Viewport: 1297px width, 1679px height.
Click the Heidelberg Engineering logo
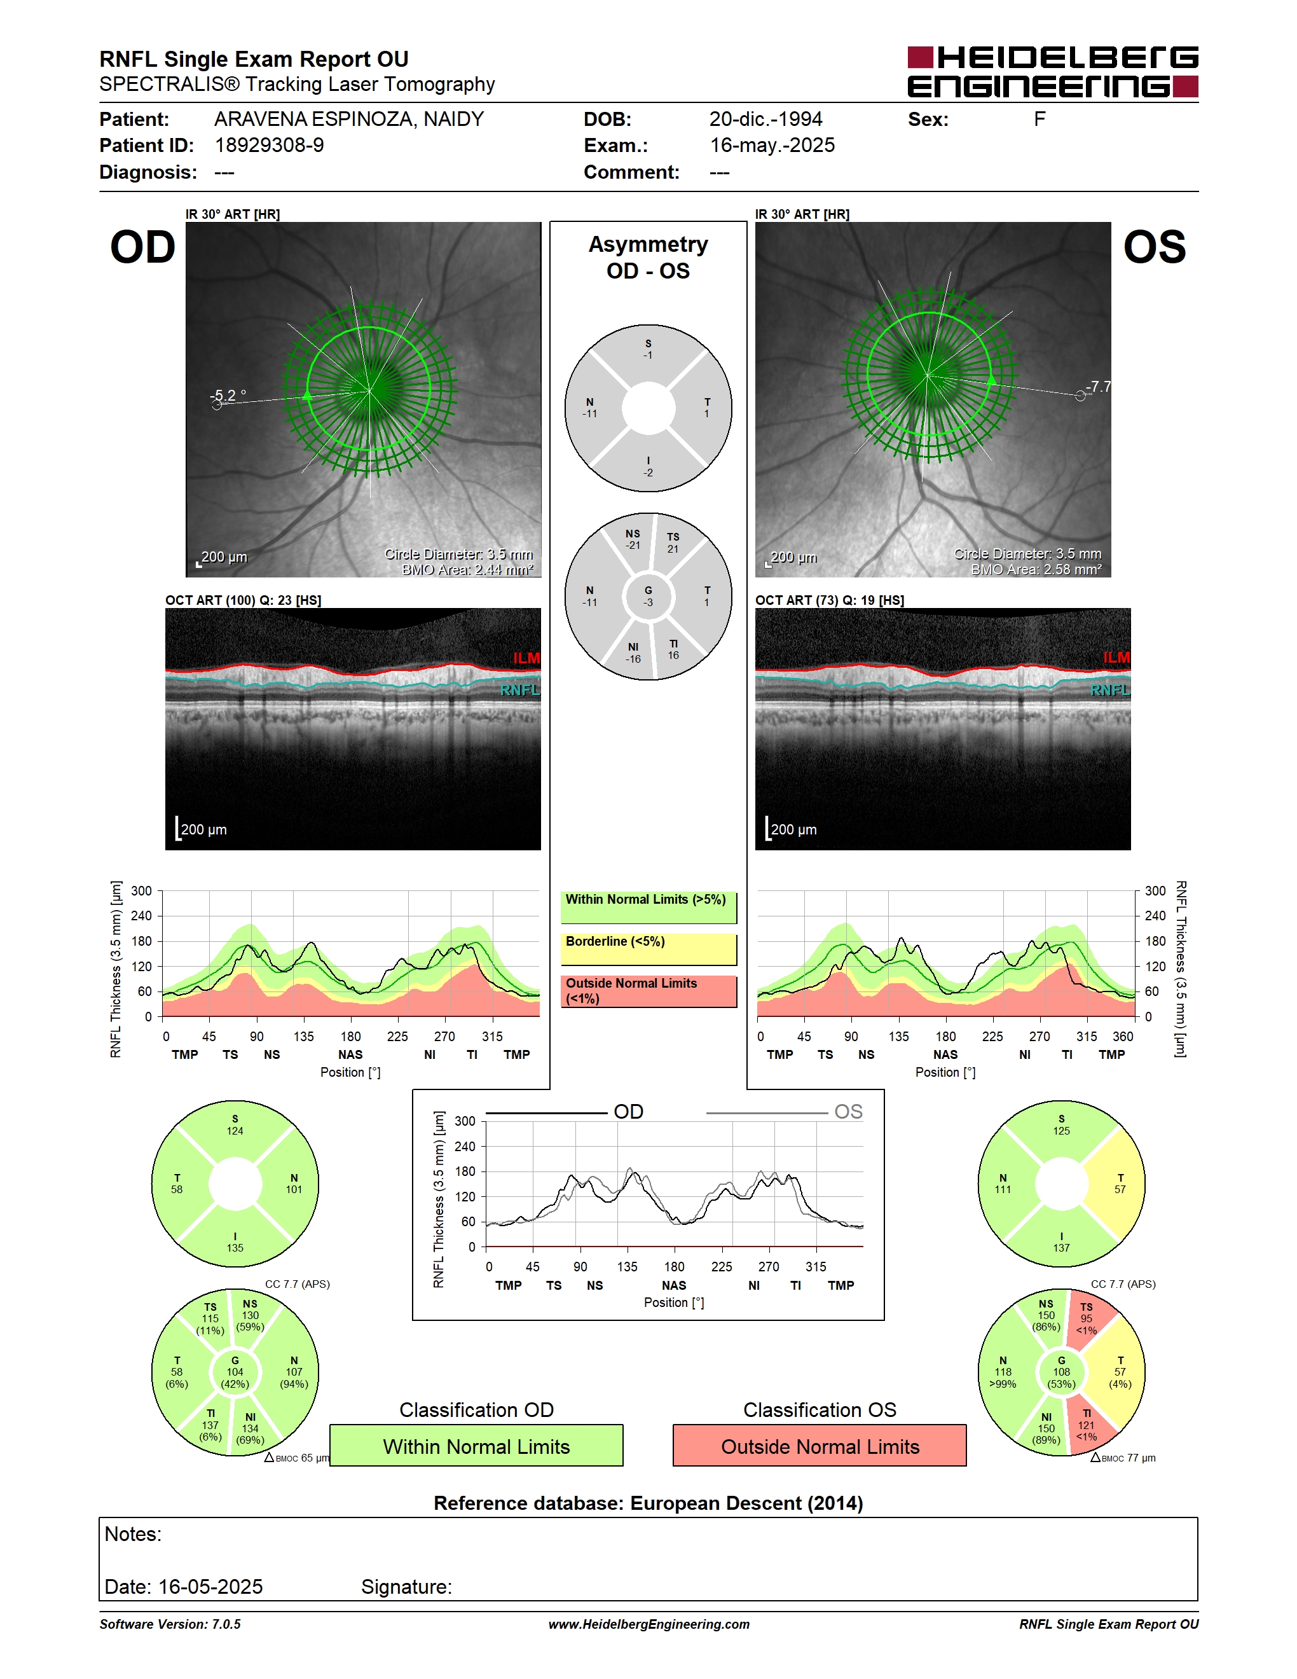pyautogui.click(x=1053, y=71)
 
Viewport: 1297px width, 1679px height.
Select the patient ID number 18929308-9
pyautogui.click(x=269, y=145)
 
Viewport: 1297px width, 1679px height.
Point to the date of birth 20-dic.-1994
pyautogui.click(x=765, y=119)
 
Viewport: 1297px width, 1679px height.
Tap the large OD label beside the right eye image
pyautogui.click(x=143, y=247)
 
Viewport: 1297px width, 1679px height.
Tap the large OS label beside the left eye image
pyautogui.click(x=1154, y=247)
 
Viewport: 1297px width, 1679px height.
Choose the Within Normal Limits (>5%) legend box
pyautogui.click(x=648, y=907)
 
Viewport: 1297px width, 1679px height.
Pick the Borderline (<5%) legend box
pyautogui.click(x=648, y=950)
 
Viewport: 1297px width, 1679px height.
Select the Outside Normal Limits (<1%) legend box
pyautogui.click(x=648, y=991)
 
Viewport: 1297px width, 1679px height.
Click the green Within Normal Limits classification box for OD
pyautogui.click(x=476, y=1446)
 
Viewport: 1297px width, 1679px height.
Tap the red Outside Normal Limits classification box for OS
pyautogui.click(x=820, y=1446)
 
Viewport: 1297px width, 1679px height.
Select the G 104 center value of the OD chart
pyautogui.click(x=235, y=1372)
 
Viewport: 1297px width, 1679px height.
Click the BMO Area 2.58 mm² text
pyautogui.click(x=1036, y=570)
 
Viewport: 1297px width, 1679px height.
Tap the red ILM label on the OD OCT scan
pyautogui.click(x=526, y=658)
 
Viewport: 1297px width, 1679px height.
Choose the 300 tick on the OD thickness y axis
pyautogui.click(x=141, y=891)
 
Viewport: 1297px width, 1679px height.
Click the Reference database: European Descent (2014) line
pyautogui.click(x=648, y=1503)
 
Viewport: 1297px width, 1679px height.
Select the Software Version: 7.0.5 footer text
pyautogui.click(x=170, y=1624)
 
